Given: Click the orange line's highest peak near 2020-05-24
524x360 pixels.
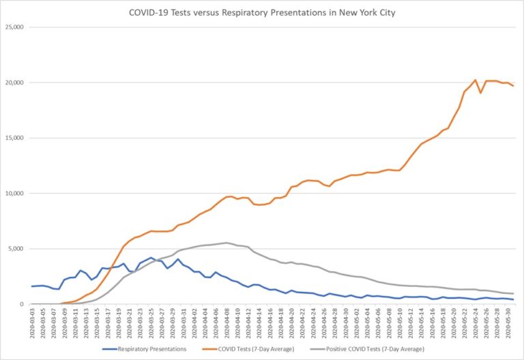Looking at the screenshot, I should pos(475,80).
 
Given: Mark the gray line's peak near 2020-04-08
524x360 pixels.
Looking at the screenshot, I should pos(226,243).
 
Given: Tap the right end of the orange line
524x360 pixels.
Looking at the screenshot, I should pos(513,86).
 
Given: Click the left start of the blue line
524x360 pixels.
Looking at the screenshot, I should pos(31,286).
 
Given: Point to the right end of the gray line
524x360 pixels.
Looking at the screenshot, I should pos(513,294).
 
